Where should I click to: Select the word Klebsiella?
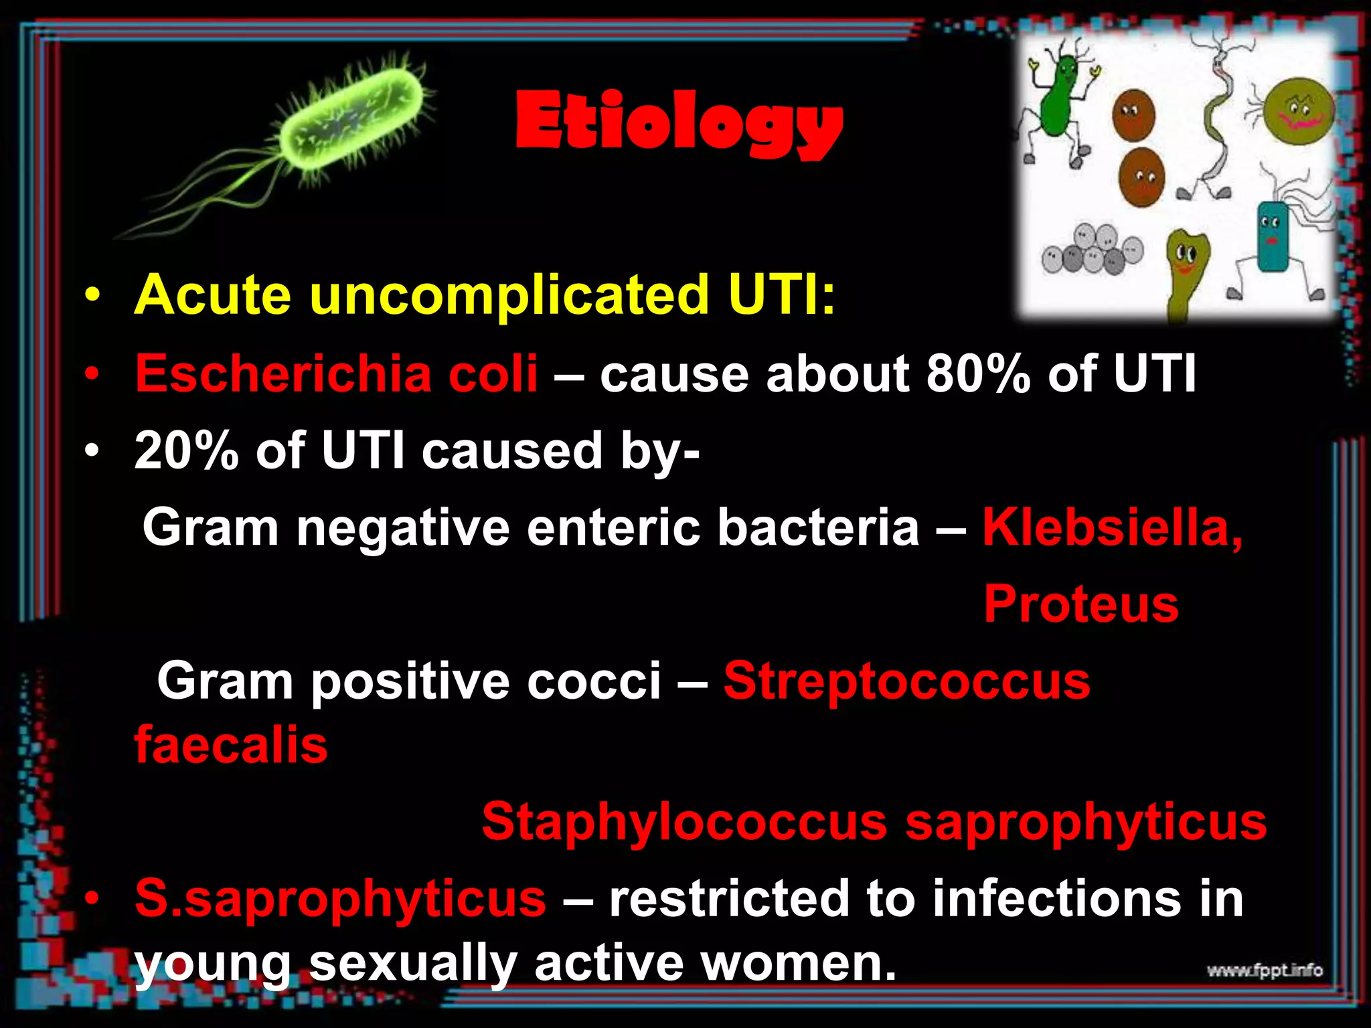coord(1112,527)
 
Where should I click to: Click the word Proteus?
coord(1080,604)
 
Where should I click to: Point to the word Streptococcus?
coord(906,681)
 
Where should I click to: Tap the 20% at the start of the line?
coord(186,450)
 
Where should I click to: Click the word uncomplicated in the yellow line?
coord(509,294)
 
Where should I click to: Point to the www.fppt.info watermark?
coord(1265,970)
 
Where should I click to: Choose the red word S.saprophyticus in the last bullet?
coord(340,898)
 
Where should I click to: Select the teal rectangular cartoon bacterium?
coord(1272,238)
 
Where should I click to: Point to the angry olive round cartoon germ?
coord(1299,110)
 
